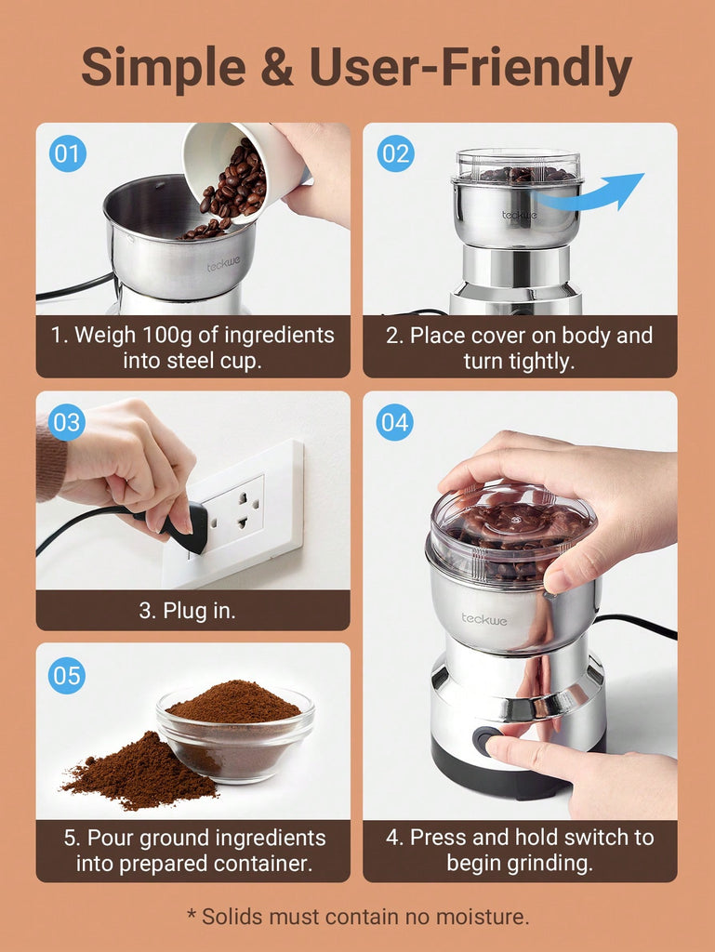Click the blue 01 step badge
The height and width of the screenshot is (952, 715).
(x=67, y=153)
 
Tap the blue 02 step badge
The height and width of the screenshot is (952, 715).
(x=396, y=153)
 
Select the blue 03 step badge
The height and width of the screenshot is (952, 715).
(x=67, y=422)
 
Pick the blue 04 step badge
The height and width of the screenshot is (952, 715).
(x=394, y=422)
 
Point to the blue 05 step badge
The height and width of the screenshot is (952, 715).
(x=67, y=675)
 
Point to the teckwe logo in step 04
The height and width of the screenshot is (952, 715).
(x=483, y=619)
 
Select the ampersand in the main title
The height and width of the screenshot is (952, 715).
(x=277, y=67)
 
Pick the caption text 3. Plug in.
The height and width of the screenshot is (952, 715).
(x=187, y=611)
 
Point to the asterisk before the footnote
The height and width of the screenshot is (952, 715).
(x=192, y=913)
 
